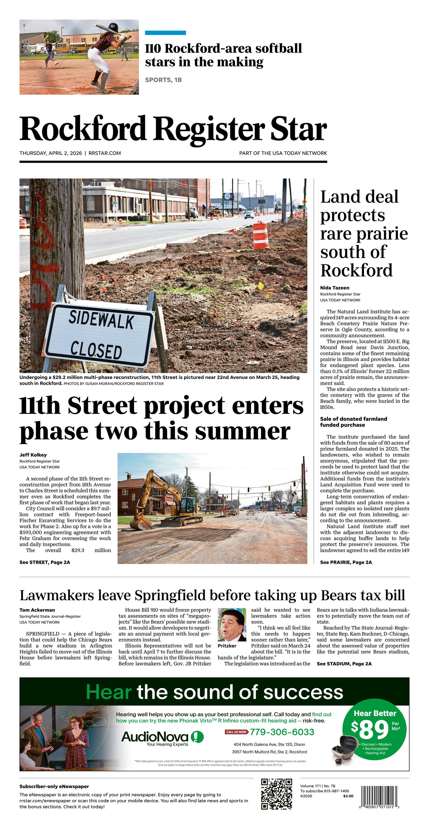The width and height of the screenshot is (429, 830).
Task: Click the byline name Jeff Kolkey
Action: click(x=33, y=455)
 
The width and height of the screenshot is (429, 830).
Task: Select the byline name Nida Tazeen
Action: click(x=334, y=288)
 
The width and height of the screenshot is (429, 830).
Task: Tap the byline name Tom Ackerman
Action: click(x=37, y=610)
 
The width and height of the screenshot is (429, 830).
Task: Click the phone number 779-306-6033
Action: click(x=282, y=732)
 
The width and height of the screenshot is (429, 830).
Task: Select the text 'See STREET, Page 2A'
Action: click(x=45, y=562)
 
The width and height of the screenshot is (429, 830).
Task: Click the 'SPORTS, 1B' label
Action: click(x=163, y=80)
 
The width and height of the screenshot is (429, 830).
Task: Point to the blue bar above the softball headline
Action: click(x=166, y=33)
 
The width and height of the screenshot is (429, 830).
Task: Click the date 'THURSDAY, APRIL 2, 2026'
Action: click(x=51, y=153)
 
